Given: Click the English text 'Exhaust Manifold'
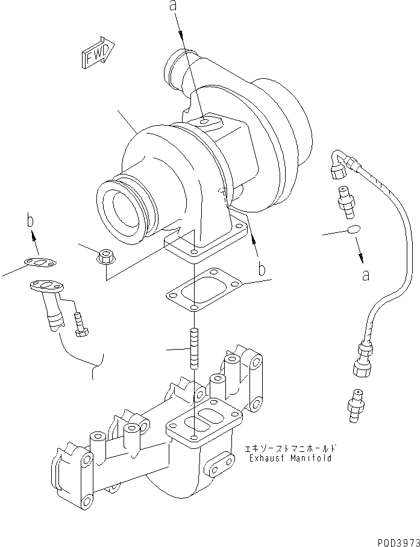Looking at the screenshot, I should coord(289,458).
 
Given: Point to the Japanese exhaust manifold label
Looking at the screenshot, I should coord(289,448).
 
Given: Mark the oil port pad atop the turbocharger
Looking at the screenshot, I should coord(207,123).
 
